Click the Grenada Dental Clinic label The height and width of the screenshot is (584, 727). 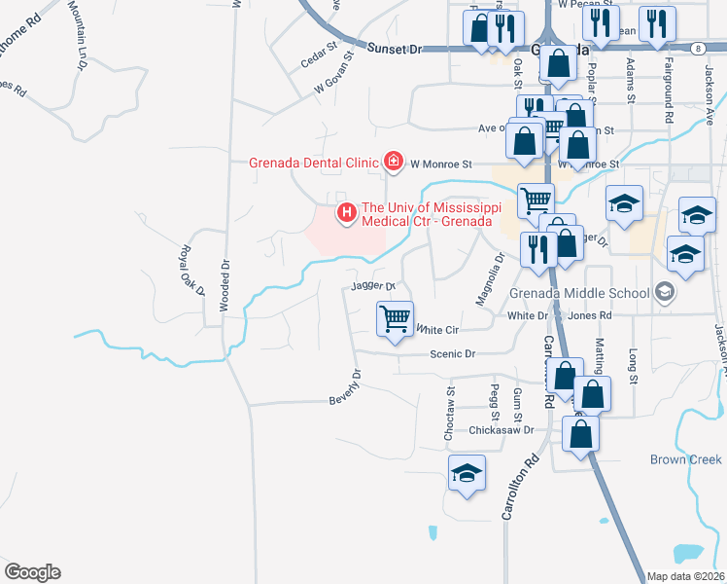click(316, 163)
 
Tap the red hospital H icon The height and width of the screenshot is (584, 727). click(344, 211)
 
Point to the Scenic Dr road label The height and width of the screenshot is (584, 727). click(452, 354)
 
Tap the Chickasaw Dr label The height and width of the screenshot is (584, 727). click(502, 429)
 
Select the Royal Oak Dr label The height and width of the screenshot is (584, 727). click(191, 270)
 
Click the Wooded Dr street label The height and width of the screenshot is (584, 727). click(224, 283)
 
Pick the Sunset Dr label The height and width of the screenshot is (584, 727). click(398, 48)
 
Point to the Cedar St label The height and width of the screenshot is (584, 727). click(318, 57)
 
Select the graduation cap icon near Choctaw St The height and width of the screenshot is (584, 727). click(467, 475)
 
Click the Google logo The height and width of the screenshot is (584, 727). click(32, 572)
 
